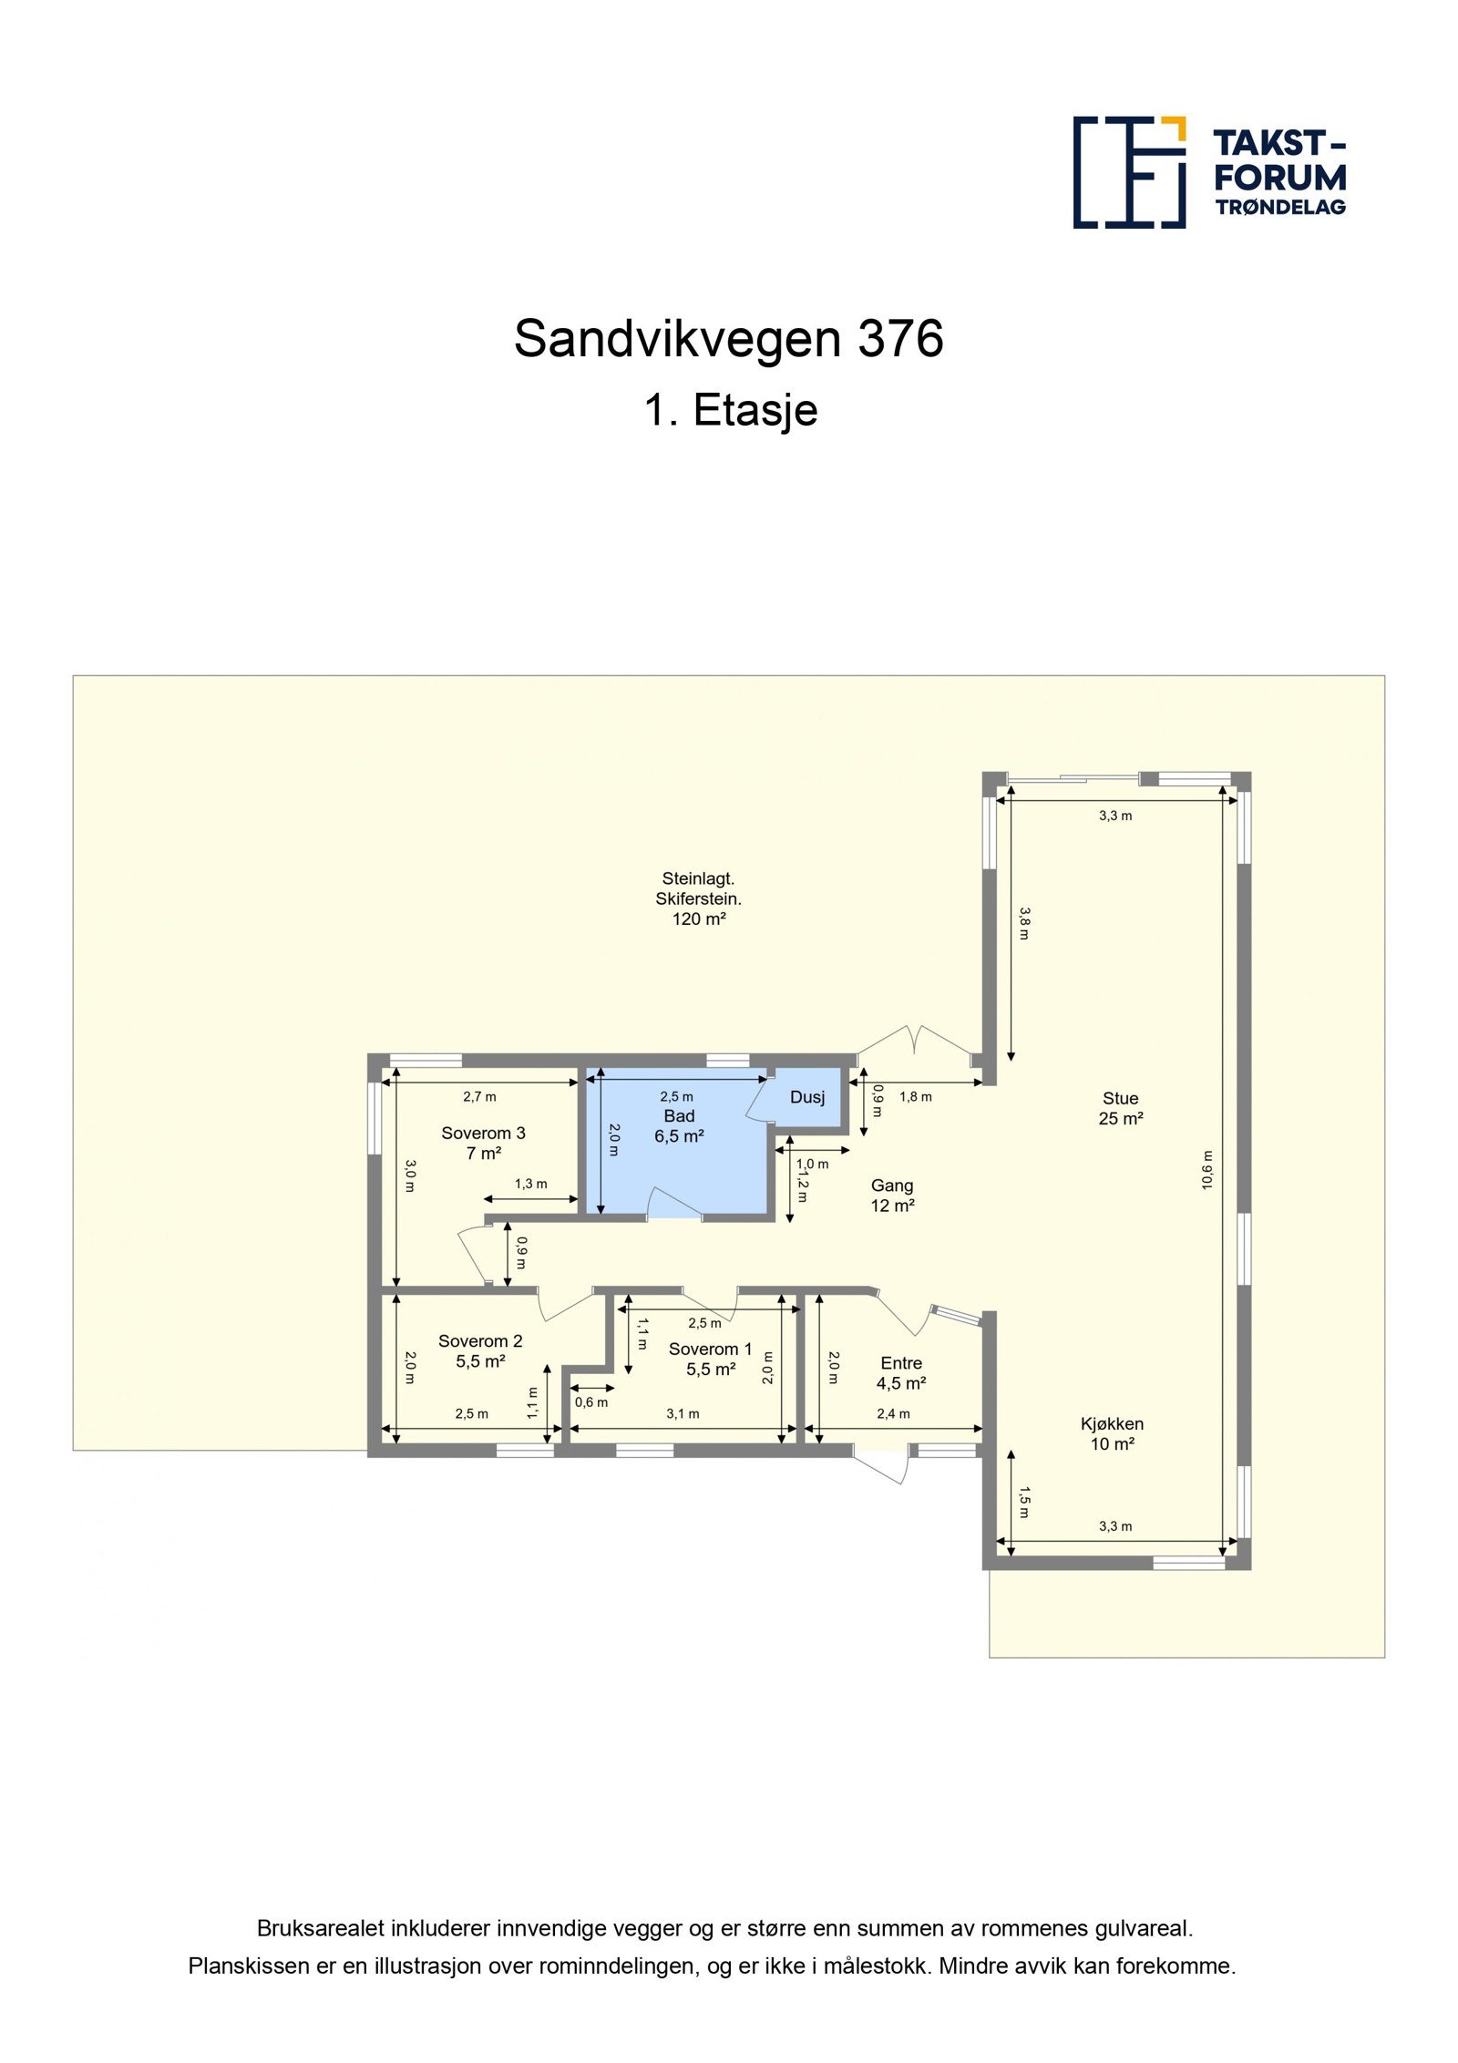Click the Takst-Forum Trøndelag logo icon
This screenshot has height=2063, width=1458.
pyautogui.click(x=1128, y=171)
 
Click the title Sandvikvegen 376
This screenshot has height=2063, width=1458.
pyautogui.click(x=728, y=339)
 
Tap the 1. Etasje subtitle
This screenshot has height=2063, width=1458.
pyautogui.click(x=730, y=410)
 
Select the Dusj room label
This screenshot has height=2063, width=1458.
pyautogui.click(x=806, y=1097)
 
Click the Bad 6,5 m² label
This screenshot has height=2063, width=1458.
pyautogui.click(x=679, y=1125)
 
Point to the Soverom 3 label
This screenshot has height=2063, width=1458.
pyautogui.click(x=483, y=1143)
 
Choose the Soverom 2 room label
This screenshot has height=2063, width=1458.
pyautogui.click(x=480, y=1350)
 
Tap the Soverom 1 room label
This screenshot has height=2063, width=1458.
pyautogui.click(x=710, y=1359)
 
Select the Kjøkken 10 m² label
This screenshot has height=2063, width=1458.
pyautogui.click(x=1112, y=1433)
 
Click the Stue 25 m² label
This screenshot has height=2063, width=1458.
pyautogui.click(x=1120, y=1108)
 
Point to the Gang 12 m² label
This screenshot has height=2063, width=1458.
pyautogui.click(x=892, y=1196)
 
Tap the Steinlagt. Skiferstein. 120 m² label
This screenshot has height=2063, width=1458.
pyautogui.click(x=698, y=898)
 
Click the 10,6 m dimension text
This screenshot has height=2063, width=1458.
pyautogui.click(x=1207, y=1170)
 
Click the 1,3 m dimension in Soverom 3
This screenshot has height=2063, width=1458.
pyautogui.click(x=530, y=1184)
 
